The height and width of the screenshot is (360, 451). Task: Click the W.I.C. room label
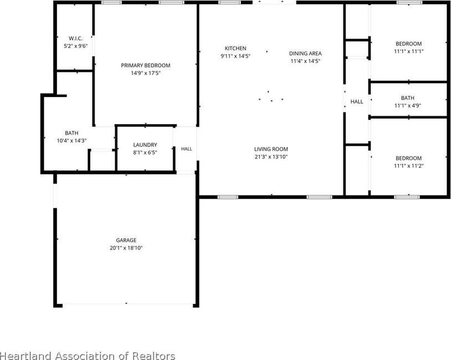tap(76, 38)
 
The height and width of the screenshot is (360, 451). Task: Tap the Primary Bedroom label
tap(146, 65)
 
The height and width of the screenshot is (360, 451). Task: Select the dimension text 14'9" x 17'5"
tap(146, 73)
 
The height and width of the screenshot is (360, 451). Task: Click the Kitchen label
tap(235, 48)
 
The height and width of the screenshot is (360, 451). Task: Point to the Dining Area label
tap(305, 54)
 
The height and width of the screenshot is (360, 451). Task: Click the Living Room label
tap(271, 149)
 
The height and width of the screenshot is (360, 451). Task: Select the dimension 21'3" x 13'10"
tap(271, 157)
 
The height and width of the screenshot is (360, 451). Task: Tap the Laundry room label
tap(145, 145)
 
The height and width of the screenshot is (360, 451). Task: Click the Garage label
tap(126, 240)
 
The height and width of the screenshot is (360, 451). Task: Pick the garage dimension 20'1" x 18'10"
tap(126, 248)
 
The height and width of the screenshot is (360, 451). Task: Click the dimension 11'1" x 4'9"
tap(408, 106)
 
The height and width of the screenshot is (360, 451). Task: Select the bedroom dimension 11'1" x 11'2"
tap(408, 166)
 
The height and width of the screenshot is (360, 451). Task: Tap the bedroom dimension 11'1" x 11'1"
tap(409, 52)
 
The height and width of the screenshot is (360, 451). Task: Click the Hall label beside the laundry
tap(187, 149)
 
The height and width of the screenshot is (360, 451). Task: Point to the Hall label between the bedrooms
tap(357, 101)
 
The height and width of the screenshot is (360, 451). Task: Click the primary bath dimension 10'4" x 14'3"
tap(71, 141)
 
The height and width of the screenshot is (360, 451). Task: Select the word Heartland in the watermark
tap(27, 356)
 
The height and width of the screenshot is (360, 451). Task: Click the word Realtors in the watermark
tap(153, 356)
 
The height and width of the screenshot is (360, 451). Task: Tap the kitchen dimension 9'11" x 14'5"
tap(235, 56)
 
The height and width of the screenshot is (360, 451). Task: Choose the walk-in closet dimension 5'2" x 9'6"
tap(76, 46)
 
